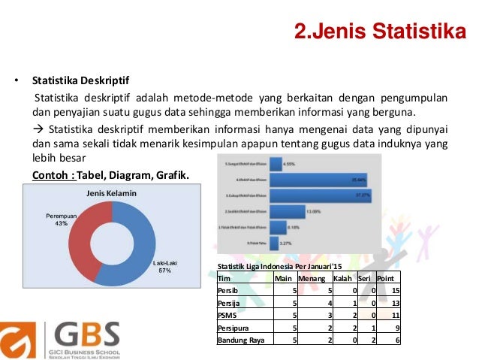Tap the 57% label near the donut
click(164, 271)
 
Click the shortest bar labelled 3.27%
click(267, 244)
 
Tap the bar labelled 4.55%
click(271, 162)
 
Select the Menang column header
click(313, 278)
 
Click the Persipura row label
click(232, 328)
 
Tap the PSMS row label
click(227, 316)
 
